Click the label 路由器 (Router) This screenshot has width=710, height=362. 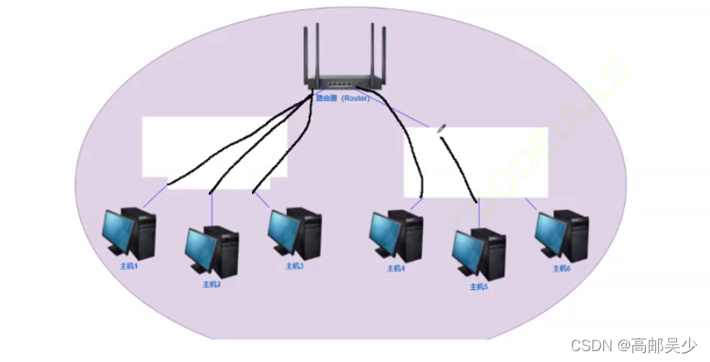pyautogui.click(x=342, y=98)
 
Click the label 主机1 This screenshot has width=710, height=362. pyautogui.click(x=128, y=266)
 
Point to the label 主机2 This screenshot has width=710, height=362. pyautogui.click(x=212, y=284)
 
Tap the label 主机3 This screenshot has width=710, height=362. pyautogui.click(x=295, y=267)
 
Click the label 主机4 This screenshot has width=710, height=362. pyautogui.click(x=395, y=268)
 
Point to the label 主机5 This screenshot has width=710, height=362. pyautogui.click(x=478, y=287)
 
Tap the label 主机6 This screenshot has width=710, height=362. pyautogui.click(x=561, y=268)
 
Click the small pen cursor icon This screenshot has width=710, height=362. pyautogui.click(x=441, y=126)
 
